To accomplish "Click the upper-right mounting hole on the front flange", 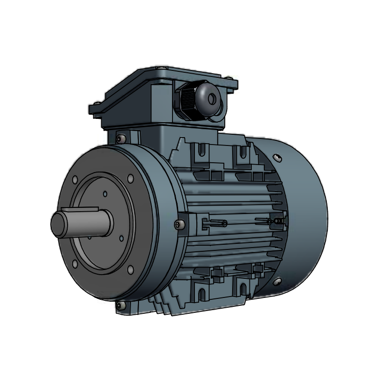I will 130,178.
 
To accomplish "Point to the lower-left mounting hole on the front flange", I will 75,264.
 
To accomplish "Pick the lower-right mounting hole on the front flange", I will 130,269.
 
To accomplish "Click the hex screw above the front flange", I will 121,138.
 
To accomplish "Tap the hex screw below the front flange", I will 121,305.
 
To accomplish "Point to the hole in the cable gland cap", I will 213,98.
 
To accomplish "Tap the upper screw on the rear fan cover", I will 278,158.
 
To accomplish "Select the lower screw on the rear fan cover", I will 278,281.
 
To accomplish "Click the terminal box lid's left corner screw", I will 97,104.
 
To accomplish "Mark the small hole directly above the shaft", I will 105,193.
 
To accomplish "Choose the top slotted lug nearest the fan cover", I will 243,153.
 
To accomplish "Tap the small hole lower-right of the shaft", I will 121,238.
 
